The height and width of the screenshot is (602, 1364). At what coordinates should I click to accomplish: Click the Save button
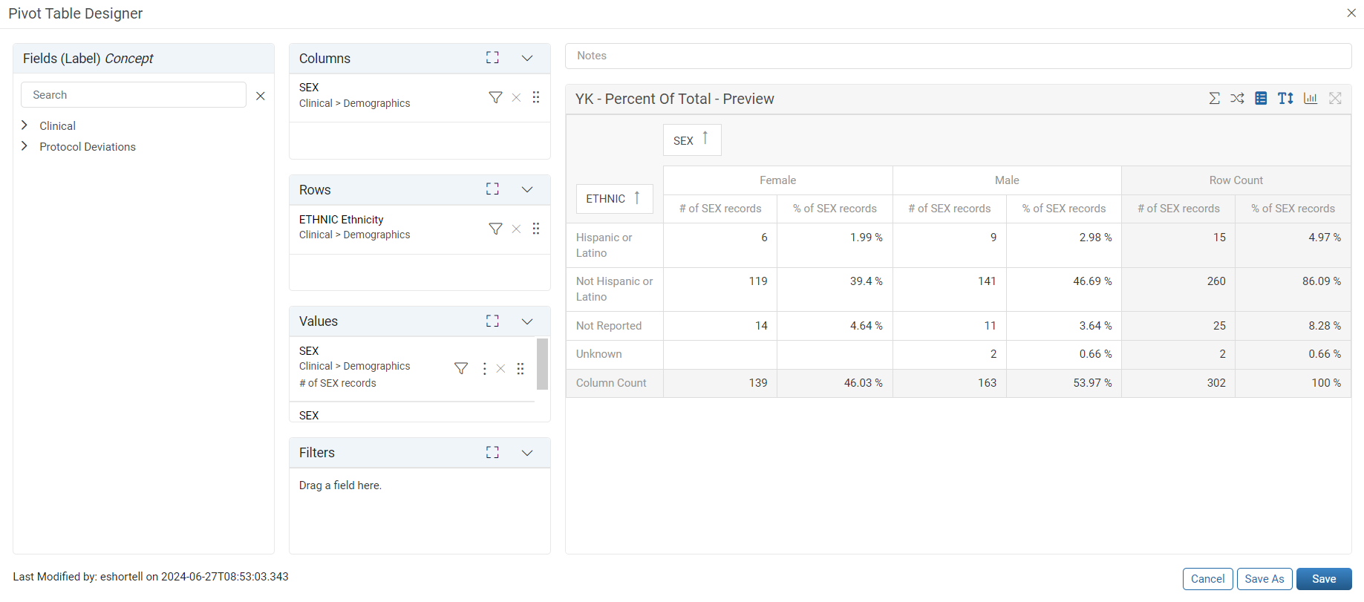pyautogui.click(x=1324, y=579)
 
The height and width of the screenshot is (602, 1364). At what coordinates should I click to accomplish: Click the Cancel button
pyautogui.click(x=1208, y=579)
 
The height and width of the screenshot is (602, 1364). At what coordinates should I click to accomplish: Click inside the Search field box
pyautogui.click(x=134, y=95)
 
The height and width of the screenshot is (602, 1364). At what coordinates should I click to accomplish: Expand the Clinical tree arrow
pyautogui.click(x=25, y=125)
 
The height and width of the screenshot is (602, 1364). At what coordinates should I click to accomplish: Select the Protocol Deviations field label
pyautogui.click(x=88, y=147)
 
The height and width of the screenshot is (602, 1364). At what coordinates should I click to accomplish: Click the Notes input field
pyautogui.click(x=958, y=56)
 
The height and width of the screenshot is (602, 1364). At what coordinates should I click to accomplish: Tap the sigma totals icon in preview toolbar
pyautogui.click(x=1214, y=98)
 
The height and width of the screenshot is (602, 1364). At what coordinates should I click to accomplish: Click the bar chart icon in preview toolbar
pyautogui.click(x=1311, y=98)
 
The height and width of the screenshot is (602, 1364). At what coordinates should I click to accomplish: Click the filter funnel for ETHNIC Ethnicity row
pyautogui.click(x=495, y=229)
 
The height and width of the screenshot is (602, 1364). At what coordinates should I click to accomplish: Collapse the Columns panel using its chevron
pyautogui.click(x=527, y=58)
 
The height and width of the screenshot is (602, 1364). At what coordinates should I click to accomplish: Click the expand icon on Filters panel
pyautogui.click(x=492, y=452)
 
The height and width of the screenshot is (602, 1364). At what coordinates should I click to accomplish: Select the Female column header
pyautogui.click(x=777, y=180)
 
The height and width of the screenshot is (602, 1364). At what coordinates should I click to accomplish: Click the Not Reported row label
pyautogui.click(x=609, y=326)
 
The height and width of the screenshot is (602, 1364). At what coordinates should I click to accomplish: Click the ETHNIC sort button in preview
pyautogui.click(x=615, y=199)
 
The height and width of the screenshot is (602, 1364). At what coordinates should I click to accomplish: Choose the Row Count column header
pyautogui.click(x=1236, y=180)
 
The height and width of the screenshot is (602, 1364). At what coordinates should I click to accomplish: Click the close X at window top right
pyautogui.click(x=1351, y=13)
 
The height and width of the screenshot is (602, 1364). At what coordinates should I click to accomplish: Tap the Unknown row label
pyautogui.click(x=599, y=354)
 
